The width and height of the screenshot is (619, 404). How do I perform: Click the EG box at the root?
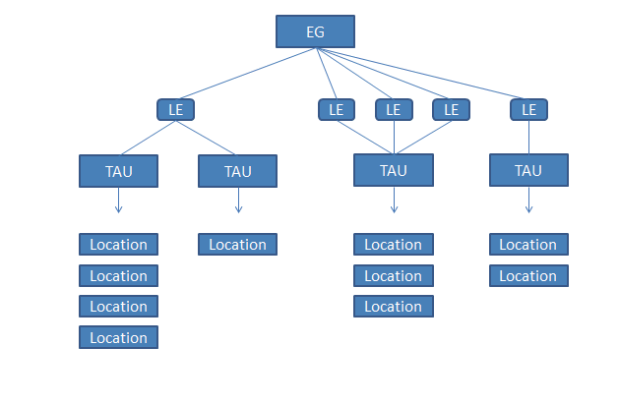pos(315,31)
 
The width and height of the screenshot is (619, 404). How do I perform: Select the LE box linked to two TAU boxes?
pos(176,109)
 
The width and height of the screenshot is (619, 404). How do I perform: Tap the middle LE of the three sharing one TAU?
pos(394,109)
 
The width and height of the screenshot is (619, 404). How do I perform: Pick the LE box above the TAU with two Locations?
pos(528,109)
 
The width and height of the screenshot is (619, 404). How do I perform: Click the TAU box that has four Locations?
pos(118,170)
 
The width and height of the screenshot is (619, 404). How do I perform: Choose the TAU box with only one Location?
pos(237,171)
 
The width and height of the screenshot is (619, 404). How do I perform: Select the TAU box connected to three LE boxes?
pos(394,170)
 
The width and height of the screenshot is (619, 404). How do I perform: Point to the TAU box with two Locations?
pos(528,170)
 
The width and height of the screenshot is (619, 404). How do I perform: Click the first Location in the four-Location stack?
pos(118,244)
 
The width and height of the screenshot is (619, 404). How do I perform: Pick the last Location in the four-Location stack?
pos(118,337)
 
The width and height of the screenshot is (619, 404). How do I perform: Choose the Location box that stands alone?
pos(237,244)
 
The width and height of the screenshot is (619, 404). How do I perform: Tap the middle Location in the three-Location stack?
pos(394,275)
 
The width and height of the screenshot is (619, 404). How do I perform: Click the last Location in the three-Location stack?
pos(394,307)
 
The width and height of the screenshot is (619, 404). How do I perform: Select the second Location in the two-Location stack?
pos(528,275)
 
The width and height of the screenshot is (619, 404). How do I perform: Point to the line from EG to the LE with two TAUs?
pos(246,74)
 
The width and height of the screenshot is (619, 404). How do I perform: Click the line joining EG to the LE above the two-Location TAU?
pos(423,74)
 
